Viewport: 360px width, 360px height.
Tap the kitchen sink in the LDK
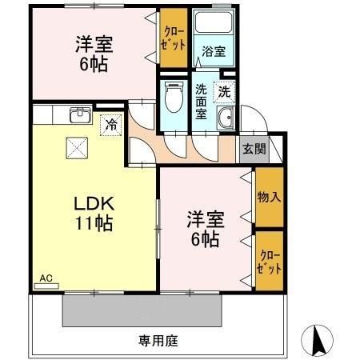point(79,115)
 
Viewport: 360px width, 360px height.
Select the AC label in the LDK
point(46,278)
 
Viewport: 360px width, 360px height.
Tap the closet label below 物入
point(270,261)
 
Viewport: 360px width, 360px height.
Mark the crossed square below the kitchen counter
point(78,146)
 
